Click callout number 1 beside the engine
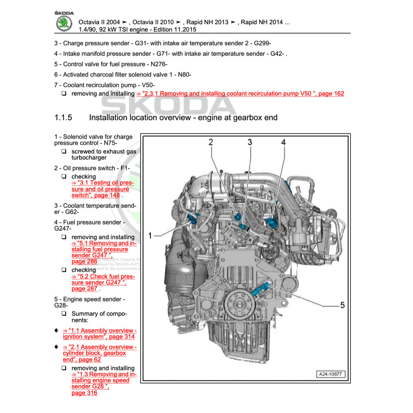150,235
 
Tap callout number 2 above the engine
211,142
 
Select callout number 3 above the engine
250,142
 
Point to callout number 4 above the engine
283,142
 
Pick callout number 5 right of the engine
342,305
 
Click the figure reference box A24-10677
332,374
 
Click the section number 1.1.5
63,118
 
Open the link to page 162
240,93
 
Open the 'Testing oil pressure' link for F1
102,189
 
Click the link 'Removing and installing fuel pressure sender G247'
103,250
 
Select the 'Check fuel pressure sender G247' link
103,282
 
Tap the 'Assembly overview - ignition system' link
99,333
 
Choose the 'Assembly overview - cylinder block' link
99,353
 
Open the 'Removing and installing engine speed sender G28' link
103,381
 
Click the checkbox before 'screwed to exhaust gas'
64,152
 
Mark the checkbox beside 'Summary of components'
64,314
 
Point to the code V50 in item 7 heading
147,85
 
